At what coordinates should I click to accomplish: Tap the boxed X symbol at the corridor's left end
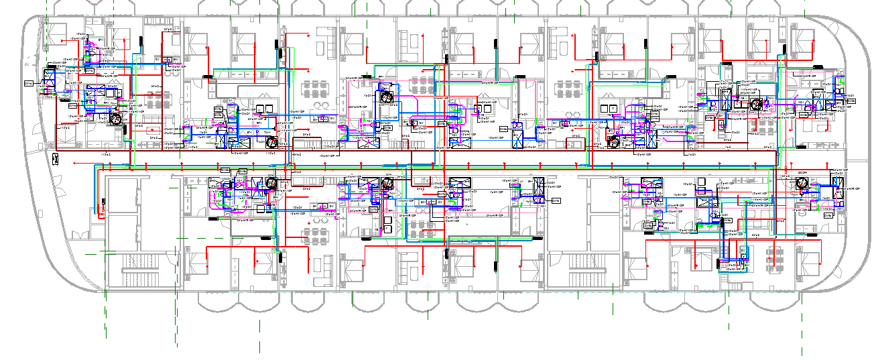point(56,156)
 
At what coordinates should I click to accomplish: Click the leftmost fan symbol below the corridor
point(271,184)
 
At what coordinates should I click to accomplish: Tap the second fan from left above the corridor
point(272,141)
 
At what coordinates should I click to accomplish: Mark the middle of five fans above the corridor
point(387,98)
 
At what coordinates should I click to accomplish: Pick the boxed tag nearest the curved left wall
point(28,82)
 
